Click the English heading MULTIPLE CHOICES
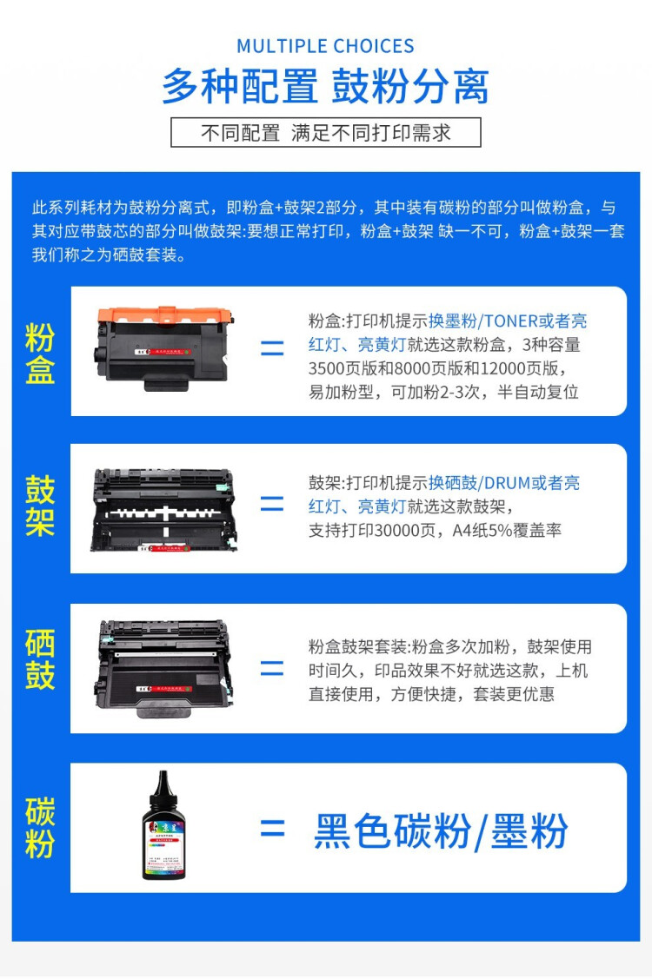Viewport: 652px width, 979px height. pyautogui.click(x=325, y=46)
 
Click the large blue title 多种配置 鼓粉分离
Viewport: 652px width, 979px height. pyautogui.click(x=325, y=87)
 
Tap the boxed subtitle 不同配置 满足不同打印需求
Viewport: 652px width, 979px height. pyautogui.click(x=325, y=133)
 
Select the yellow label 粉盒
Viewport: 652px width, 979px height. pyautogui.click(x=40, y=354)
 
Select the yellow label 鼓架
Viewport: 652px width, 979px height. pyautogui.click(x=40, y=506)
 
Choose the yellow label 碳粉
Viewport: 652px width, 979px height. pyautogui.click(x=40, y=828)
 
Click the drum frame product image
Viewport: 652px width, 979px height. pyautogui.click(x=163, y=509)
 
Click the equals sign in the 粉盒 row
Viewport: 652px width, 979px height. pyautogui.click(x=272, y=349)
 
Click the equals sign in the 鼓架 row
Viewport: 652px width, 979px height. pyautogui.click(x=272, y=504)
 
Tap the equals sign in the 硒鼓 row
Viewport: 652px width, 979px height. pyautogui.click(x=272, y=668)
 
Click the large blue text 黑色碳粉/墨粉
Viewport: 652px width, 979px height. pyautogui.click(x=441, y=831)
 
